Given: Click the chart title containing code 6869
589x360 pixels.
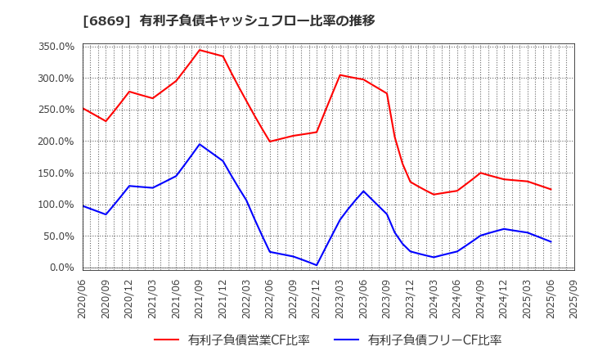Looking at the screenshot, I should [229, 20].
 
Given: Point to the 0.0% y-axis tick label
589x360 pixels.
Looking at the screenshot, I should [61, 268].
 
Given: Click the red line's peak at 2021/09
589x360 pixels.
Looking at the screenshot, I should [200, 50].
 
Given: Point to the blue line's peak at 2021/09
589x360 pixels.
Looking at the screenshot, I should [200, 144].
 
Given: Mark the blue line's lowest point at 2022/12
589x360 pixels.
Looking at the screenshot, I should [317, 265].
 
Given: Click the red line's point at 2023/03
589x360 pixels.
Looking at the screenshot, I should [340, 75].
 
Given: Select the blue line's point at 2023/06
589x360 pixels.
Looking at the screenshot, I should [363, 191].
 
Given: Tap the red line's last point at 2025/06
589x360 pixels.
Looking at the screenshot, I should [551, 189].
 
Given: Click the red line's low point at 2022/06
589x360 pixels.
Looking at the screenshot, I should [270, 142].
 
